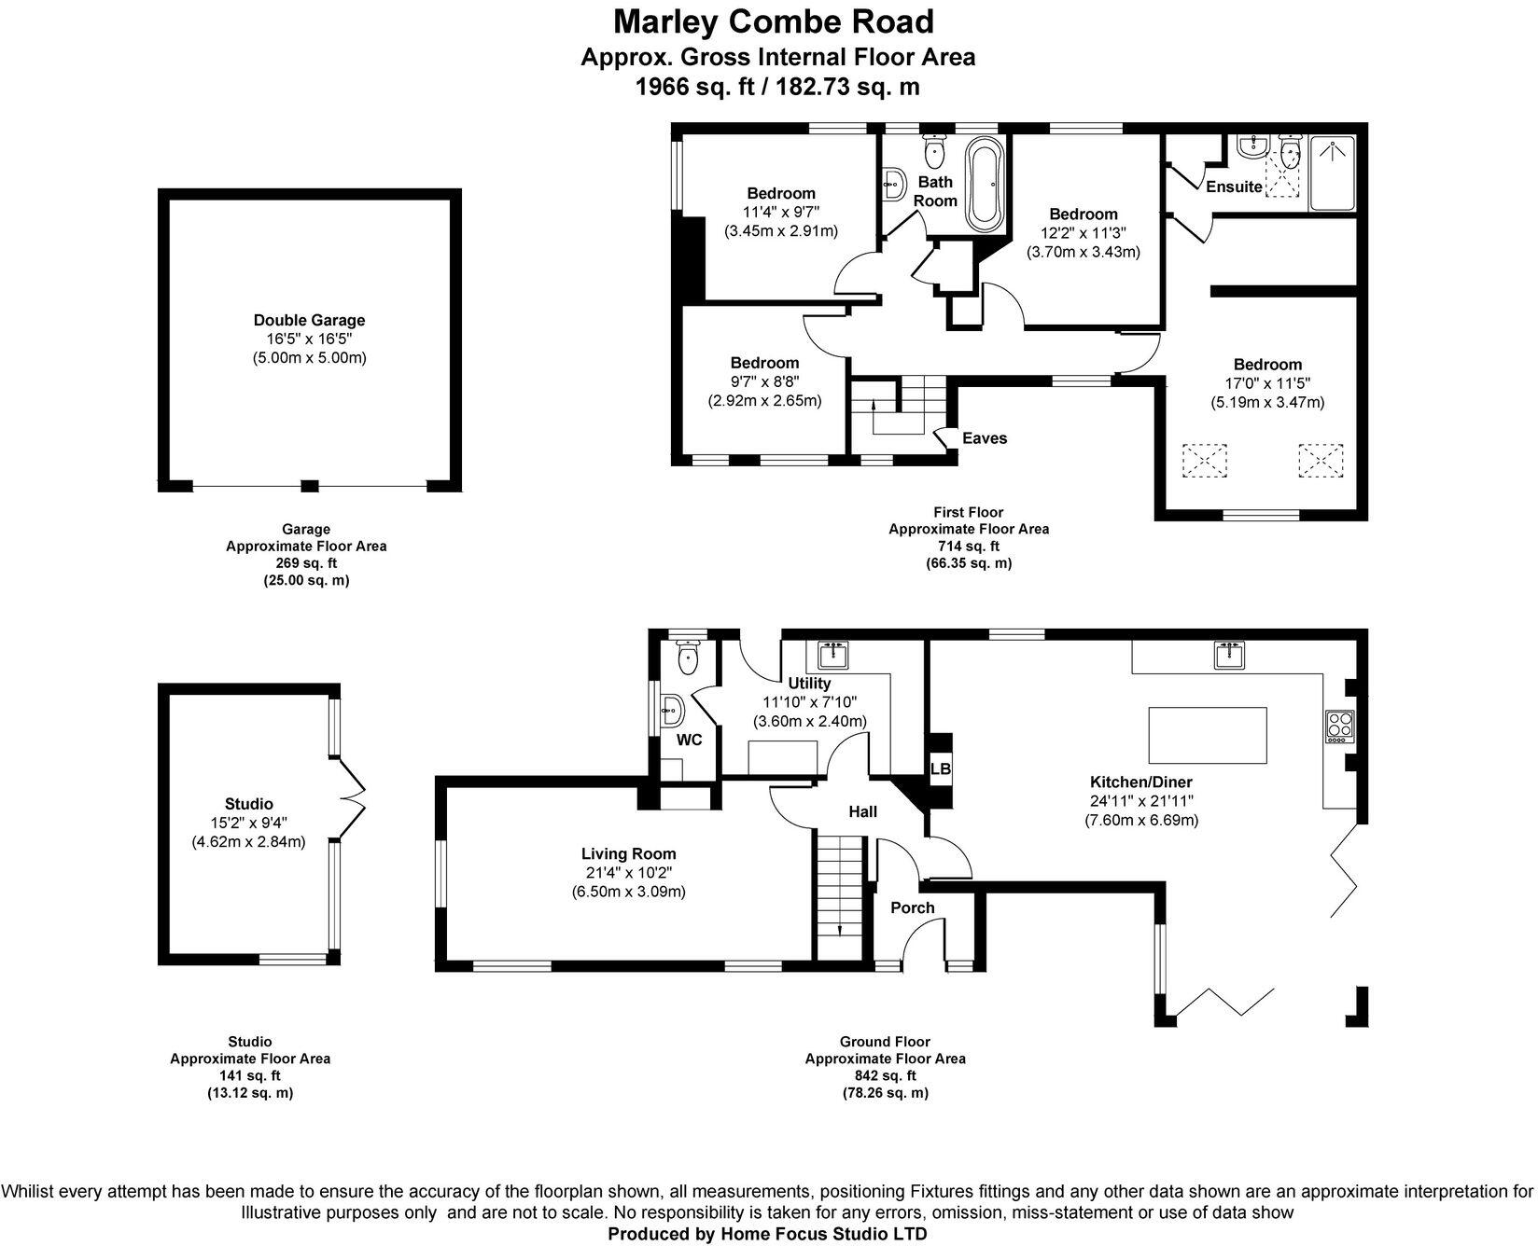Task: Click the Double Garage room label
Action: pyautogui.click(x=309, y=320)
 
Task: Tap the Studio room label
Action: pyautogui.click(x=248, y=804)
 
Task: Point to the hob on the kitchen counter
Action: pyautogui.click(x=1339, y=727)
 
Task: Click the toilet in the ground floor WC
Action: pyautogui.click(x=689, y=658)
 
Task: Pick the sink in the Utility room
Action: pyautogui.click(x=832, y=655)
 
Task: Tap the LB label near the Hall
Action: pyautogui.click(x=940, y=769)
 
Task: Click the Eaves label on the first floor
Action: pyautogui.click(x=985, y=438)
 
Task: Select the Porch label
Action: pyautogui.click(x=912, y=907)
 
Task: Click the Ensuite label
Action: pyautogui.click(x=1234, y=187)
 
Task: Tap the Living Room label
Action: pyautogui.click(x=628, y=853)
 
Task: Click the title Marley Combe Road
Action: pyautogui.click(x=773, y=21)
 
